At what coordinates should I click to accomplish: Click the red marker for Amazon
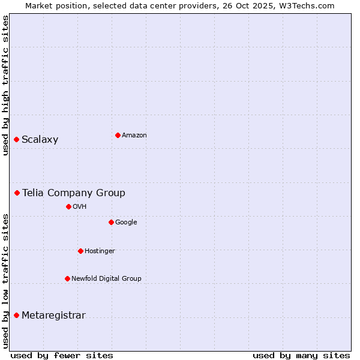(118, 135)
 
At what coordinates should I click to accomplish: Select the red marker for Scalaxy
(17, 140)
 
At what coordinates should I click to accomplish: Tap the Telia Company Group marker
(17, 193)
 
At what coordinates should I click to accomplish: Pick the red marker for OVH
(68, 206)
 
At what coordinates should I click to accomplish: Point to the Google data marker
(111, 222)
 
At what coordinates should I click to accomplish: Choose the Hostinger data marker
(80, 251)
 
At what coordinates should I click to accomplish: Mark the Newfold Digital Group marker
(67, 278)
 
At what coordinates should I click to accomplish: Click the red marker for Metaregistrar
(17, 316)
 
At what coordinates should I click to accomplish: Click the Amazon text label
(134, 136)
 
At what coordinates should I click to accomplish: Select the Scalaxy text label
(40, 140)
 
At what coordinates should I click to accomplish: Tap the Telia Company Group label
(74, 193)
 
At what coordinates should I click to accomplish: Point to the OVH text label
(80, 207)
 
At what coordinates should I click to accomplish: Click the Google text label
(126, 223)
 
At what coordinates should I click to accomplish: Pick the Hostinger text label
(100, 251)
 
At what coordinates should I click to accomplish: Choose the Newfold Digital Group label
(106, 278)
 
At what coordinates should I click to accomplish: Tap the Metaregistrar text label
(53, 316)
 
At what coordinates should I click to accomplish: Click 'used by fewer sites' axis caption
(62, 355)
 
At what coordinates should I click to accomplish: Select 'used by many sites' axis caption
(301, 355)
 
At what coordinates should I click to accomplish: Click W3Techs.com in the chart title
(309, 5)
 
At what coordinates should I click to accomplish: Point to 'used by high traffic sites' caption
(5, 85)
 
